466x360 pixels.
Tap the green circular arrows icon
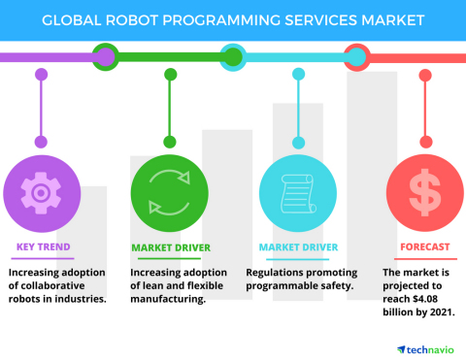coord(168,190)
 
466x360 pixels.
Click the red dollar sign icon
coord(421,190)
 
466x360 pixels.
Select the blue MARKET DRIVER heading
coord(297,246)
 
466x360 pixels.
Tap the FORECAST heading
coord(417,246)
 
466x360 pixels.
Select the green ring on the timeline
coord(105,56)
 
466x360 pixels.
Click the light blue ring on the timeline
coord(232,56)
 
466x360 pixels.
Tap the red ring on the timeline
coord(357,56)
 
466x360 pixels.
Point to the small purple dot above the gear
coord(40,75)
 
